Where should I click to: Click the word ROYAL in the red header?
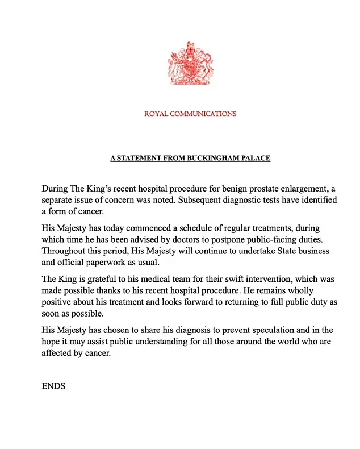click(156, 114)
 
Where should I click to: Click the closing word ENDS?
click(54, 386)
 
